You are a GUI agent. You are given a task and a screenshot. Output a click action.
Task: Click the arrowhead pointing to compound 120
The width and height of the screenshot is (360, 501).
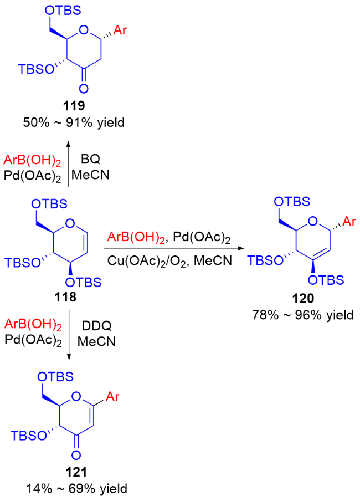click(242, 249)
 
